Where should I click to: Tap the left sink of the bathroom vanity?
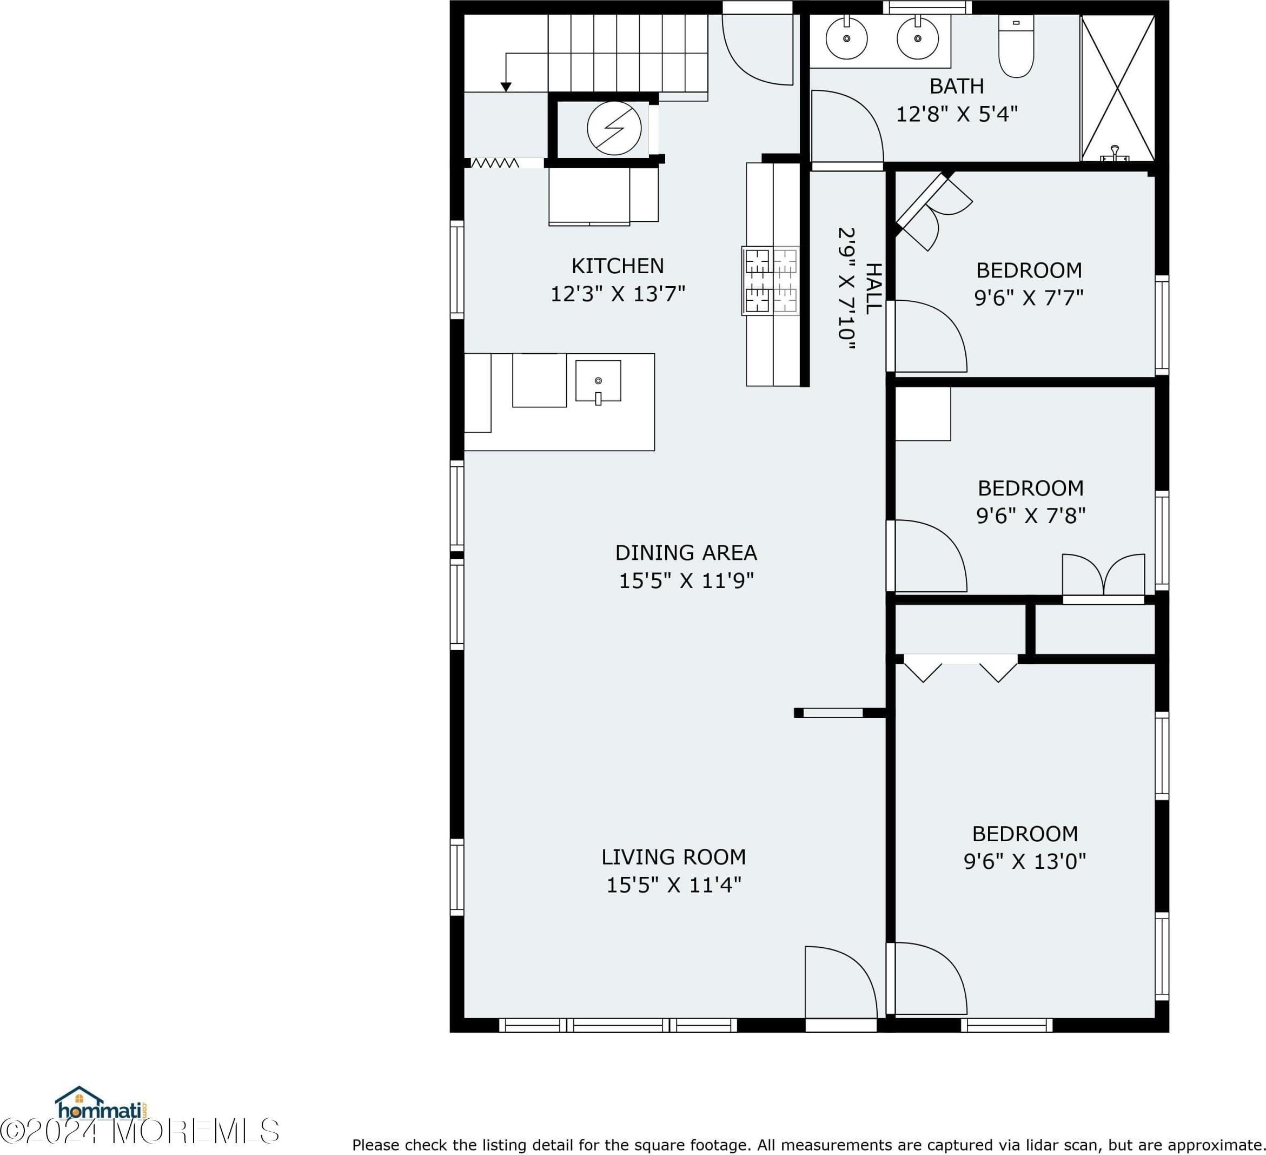click(846, 38)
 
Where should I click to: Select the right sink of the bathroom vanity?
click(918, 38)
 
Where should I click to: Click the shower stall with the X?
click(1117, 89)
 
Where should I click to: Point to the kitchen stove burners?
click(771, 280)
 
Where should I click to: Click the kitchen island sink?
click(598, 381)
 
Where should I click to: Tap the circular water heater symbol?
click(614, 128)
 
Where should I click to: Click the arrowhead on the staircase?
click(506, 87)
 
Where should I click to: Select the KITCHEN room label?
click(617, 266)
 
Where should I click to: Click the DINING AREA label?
click(686, 553)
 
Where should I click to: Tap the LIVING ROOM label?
click(673, 857)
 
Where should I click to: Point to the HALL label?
click(873, 288)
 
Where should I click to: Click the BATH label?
click(957, 86)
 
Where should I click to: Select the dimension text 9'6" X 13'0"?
click(1025, 861)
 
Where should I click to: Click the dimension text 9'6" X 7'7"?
click(1029, 298)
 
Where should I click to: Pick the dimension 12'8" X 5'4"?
click(957, 114)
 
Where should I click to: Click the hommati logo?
click(102, 1104)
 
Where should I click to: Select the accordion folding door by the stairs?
click(495, 163)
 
